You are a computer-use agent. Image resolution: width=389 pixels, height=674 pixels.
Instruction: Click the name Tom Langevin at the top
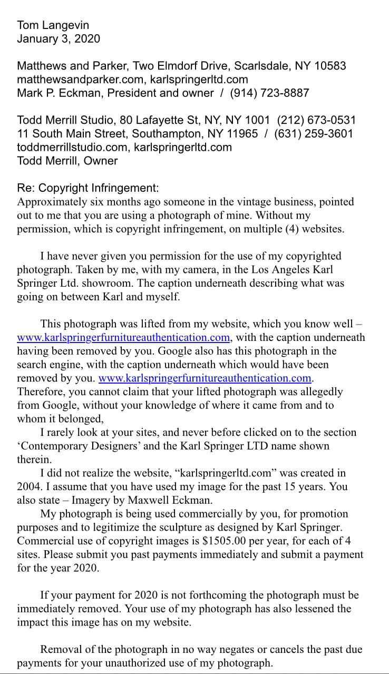coord(53,25)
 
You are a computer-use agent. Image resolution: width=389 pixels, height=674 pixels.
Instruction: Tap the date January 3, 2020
coord(58,39)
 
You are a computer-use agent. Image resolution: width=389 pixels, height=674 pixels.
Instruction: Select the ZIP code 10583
coord(330,66)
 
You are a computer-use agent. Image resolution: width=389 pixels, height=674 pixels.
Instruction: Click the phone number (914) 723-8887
coord(269,94)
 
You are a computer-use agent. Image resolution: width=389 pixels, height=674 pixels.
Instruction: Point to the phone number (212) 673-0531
coord(316,120)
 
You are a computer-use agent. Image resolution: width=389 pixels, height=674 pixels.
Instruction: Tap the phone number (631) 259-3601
coord(313,134)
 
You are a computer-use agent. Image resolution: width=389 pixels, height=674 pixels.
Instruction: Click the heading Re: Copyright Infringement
coord(87,188)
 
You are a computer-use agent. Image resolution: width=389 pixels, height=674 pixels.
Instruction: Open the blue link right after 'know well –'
coord(123,337)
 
